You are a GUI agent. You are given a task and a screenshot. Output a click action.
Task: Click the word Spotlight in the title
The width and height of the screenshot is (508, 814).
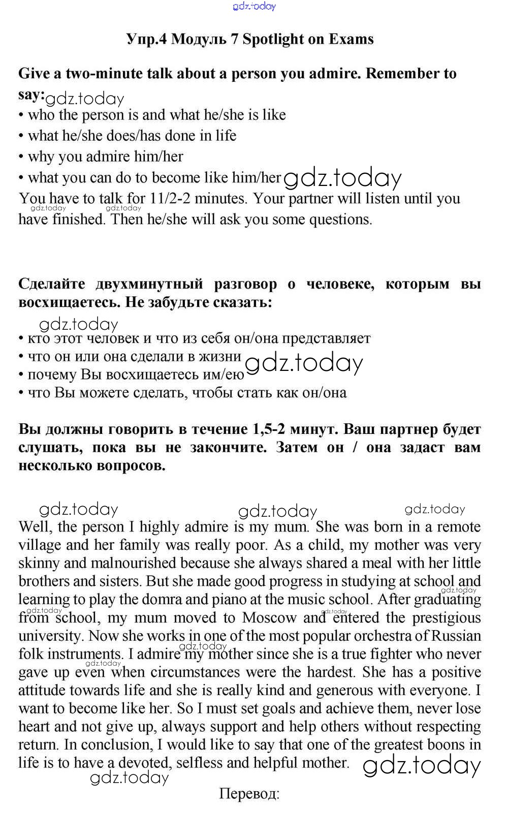[275, 39]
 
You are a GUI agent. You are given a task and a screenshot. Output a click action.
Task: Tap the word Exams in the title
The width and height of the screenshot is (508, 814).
[351, 39]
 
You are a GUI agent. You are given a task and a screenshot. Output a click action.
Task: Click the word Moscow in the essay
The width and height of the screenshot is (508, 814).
[270, 618]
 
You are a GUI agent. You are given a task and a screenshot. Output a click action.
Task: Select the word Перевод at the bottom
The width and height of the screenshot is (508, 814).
[249, 793]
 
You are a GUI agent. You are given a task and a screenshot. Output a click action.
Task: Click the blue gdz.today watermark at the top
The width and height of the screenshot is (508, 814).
[254, 6]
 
